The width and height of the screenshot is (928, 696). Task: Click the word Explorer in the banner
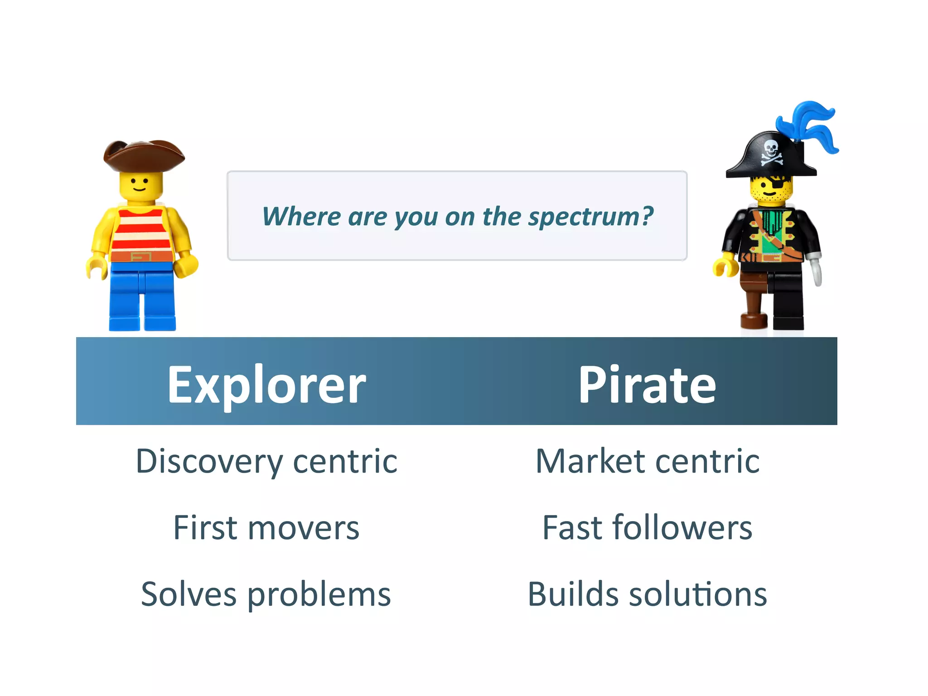point(266,385)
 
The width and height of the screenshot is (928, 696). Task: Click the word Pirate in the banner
point(647,385)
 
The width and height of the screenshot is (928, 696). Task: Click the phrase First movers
point(266,528)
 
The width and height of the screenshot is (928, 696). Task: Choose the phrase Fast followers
point(647,528)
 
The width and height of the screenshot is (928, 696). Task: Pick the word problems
point(319,594)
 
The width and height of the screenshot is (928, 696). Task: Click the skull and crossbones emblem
point(771,152)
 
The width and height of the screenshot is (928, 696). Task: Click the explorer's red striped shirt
point(141,231)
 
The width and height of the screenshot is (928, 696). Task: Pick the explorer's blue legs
point(142,297)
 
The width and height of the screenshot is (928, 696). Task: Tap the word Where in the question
point(301,217)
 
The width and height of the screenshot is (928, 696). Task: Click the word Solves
point(188,594)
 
